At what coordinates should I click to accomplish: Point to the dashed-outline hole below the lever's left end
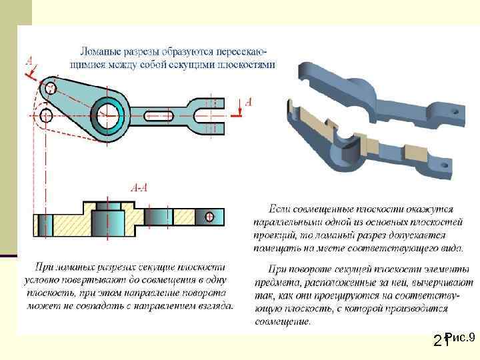(x=46, y=116)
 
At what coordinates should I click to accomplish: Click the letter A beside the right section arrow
(x=249, y=102)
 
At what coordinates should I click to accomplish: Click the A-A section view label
(x=139, y=189)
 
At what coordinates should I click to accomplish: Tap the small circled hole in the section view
(x=209, y=216)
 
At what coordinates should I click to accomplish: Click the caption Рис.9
(x=460, y=337)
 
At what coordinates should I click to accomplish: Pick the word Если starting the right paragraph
(x=277, y=209)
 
